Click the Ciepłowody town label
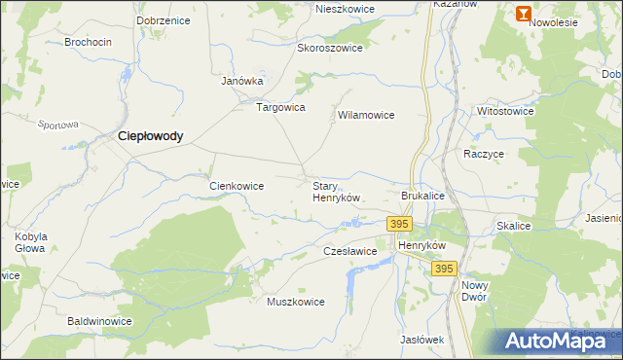pyautogui.click(x=150, y=137)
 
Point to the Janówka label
pyautogui.click(x=242, y=81)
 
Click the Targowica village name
pyautogui.click(x=280, y=107)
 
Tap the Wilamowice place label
pyautogui.click(x=365, y=115)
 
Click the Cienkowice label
pyautogui.click(x=238, y=185)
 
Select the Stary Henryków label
pyautogui.click(x=336, y=191)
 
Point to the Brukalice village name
pyautogui.click(x=422, y=196)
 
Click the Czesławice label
pyautogui.click(x=349, y=251)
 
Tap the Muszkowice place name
pyautogui.click(x=295, y=302)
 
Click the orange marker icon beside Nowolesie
pyautogui.click(x=523, y=14)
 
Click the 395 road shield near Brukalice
pyautogui.click(x=398, y=224)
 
